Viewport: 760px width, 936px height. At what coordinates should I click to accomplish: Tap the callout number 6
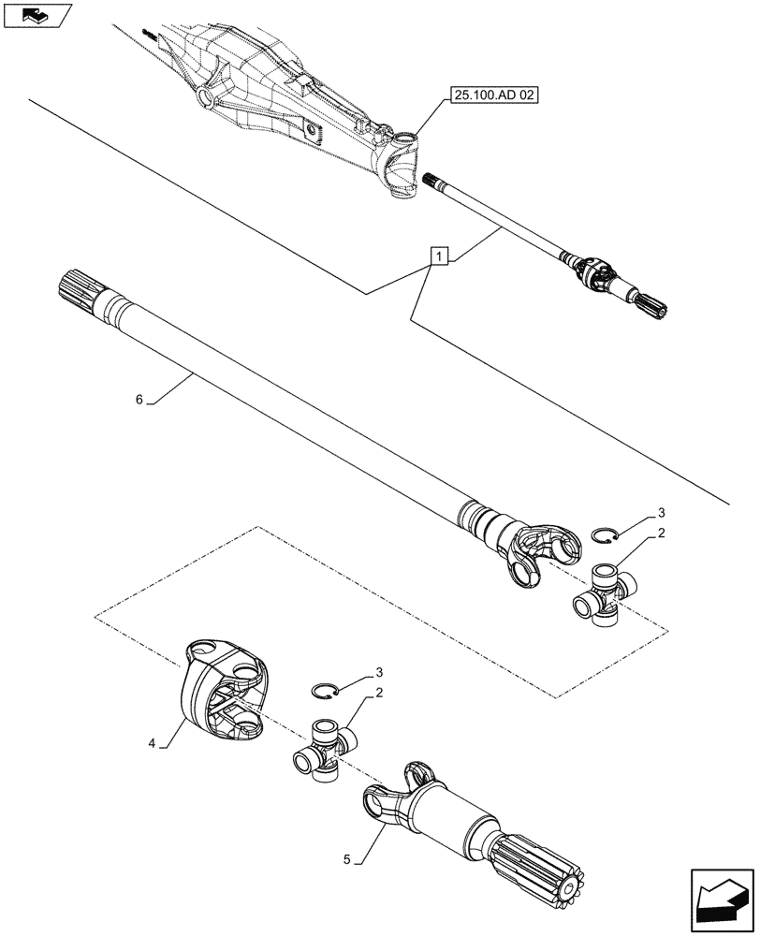click(139, 400)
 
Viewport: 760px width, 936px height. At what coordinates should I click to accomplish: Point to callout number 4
click(151, 744)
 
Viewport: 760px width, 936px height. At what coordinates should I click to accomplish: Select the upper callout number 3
click(662, 512)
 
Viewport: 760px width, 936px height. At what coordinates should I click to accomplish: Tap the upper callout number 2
click(662, 534)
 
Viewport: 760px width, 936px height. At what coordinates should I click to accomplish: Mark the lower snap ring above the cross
click(324, 691)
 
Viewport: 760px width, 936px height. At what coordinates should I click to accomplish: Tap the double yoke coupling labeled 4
click(225, 688)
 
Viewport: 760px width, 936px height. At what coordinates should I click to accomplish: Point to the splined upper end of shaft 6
click(80, 285)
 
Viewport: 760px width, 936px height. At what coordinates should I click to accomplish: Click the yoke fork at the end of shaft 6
click(537, 556)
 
